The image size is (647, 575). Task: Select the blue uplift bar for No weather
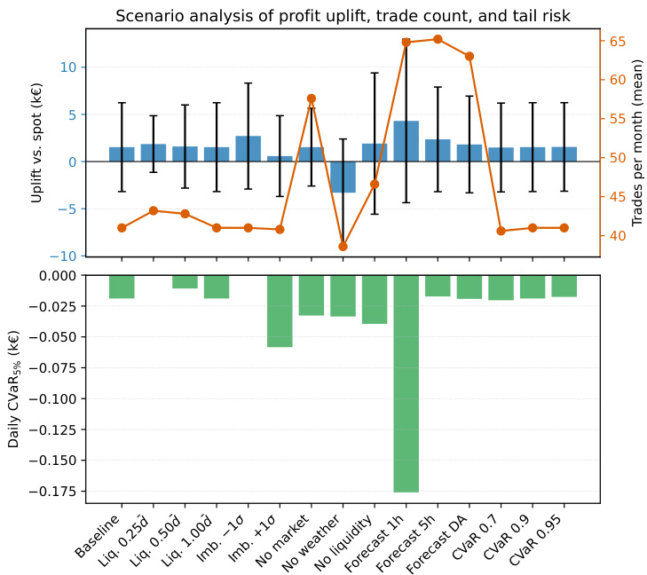click(x=343, y=177)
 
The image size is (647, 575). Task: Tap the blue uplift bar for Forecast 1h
click(x=406, y=141)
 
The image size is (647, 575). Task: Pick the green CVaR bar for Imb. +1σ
click(x=280, y=311)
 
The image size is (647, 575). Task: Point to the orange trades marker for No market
click(x=311, y=98)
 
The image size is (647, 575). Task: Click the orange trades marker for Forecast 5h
click(x=438, y=39)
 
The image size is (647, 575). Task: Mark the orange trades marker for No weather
click(x=343, y=246)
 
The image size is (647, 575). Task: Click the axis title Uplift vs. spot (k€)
click(x=36, y=142)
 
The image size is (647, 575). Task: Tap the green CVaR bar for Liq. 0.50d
click(x=185, y=282)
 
